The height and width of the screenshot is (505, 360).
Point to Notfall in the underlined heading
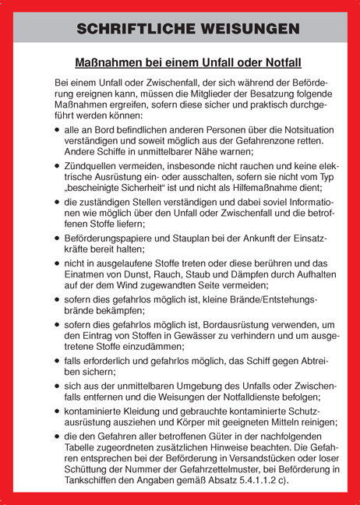coord(277,61)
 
